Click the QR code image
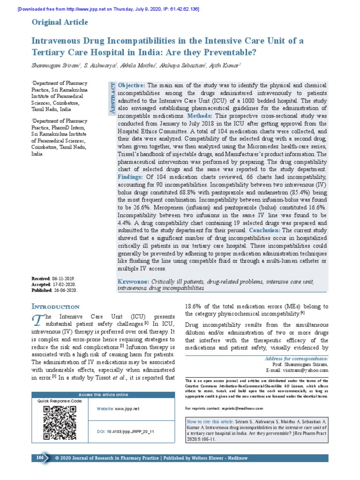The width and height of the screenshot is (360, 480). [60, 422]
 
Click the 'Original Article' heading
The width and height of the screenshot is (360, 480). [59, 22]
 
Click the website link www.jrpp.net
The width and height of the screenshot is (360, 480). [127, 409]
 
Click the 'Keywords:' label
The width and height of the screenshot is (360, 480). [133, 281]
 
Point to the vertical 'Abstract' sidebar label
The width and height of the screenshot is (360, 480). [112, 98]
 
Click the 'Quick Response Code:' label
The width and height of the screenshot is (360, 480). [60, 401]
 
